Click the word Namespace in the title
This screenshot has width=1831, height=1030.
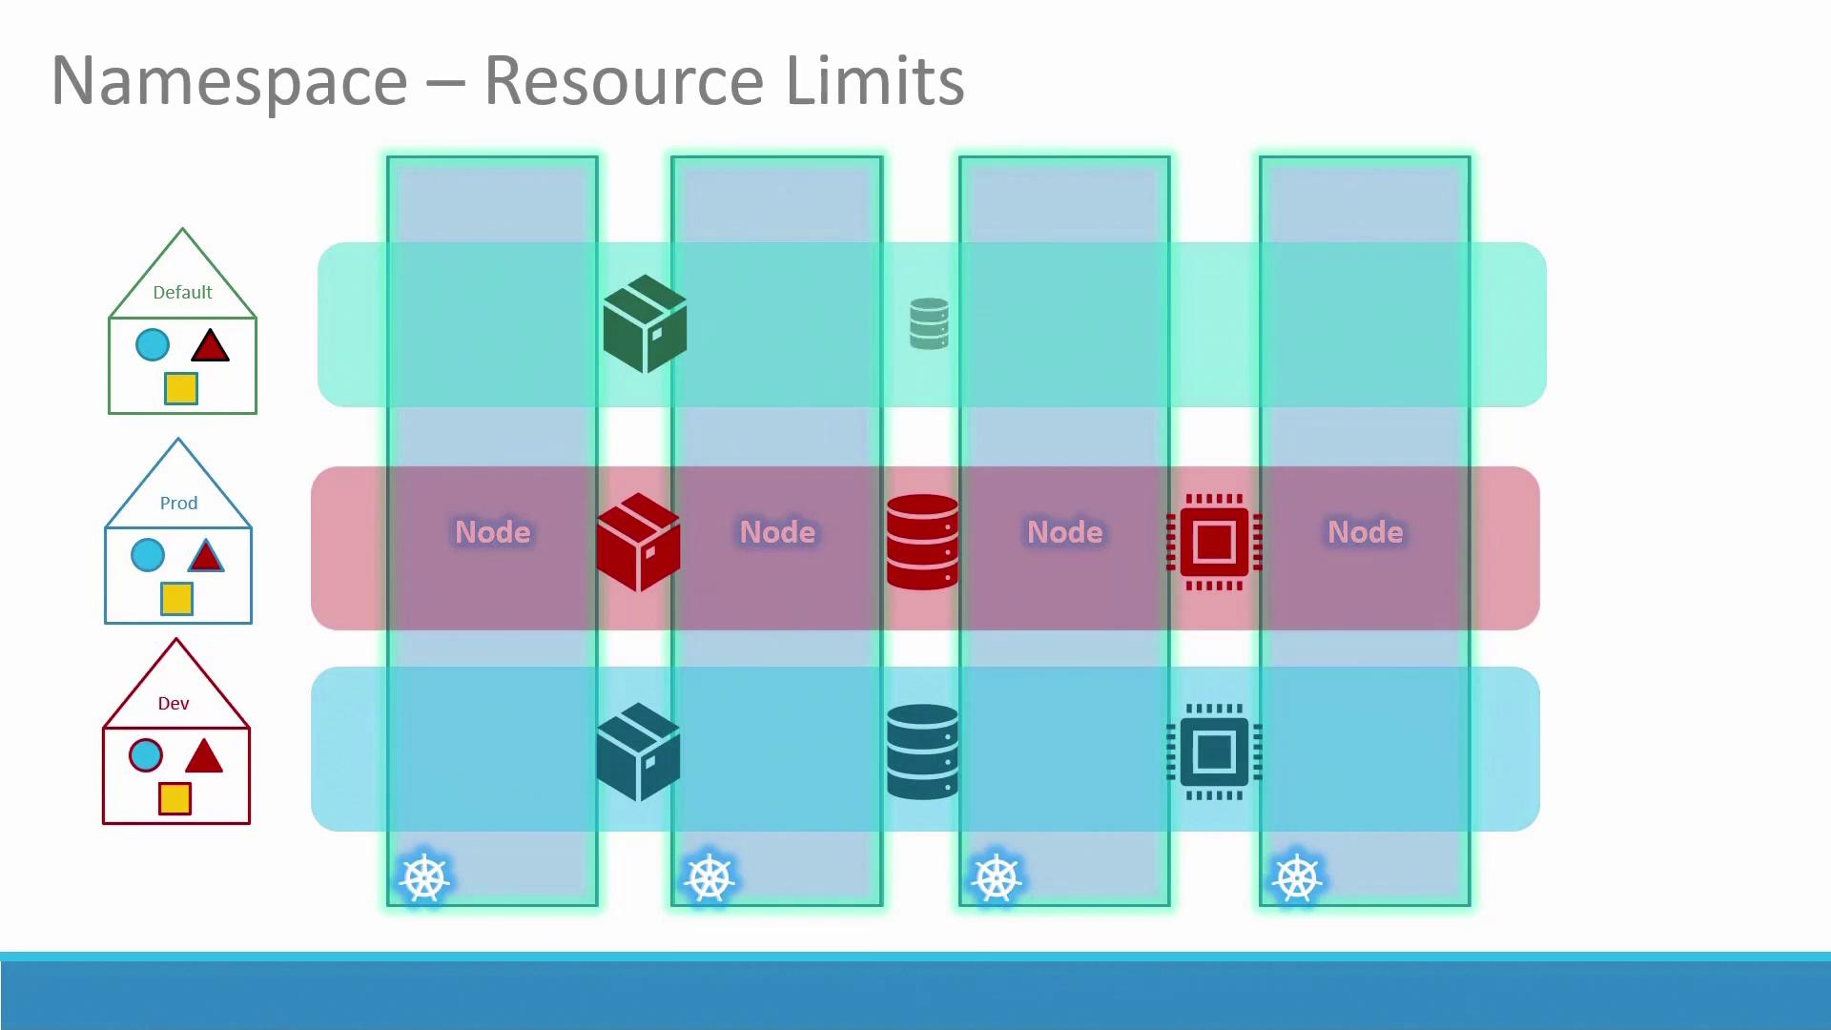[229, 82]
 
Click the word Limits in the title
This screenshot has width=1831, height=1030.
[874, 80]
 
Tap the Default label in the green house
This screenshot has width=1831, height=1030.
[182, 293]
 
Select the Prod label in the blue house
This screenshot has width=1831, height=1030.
[178, 504]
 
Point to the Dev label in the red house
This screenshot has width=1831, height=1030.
[174, 704]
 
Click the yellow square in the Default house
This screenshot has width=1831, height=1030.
[180, 388]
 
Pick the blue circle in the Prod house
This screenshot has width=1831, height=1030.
[148, 555]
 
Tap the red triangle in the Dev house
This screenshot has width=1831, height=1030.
[203, 756]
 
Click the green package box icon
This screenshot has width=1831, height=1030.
[645, 323]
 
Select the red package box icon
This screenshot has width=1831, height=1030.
[638, 542]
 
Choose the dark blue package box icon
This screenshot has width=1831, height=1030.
[638, 752]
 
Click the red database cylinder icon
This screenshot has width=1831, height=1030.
[922, 542]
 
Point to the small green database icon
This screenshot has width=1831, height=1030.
[929, 323]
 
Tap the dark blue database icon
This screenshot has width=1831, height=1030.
[922, 752]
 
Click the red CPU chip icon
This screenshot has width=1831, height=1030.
[1214, 542]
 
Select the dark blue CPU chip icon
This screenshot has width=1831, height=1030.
[1214, 752]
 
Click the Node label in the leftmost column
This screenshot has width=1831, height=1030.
[492, 532]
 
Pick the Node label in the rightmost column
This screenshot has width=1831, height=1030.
[1365, 532]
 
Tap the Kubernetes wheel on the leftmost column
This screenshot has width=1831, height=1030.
[424, 878]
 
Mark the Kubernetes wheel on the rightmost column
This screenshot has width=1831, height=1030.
[1297, 878]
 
